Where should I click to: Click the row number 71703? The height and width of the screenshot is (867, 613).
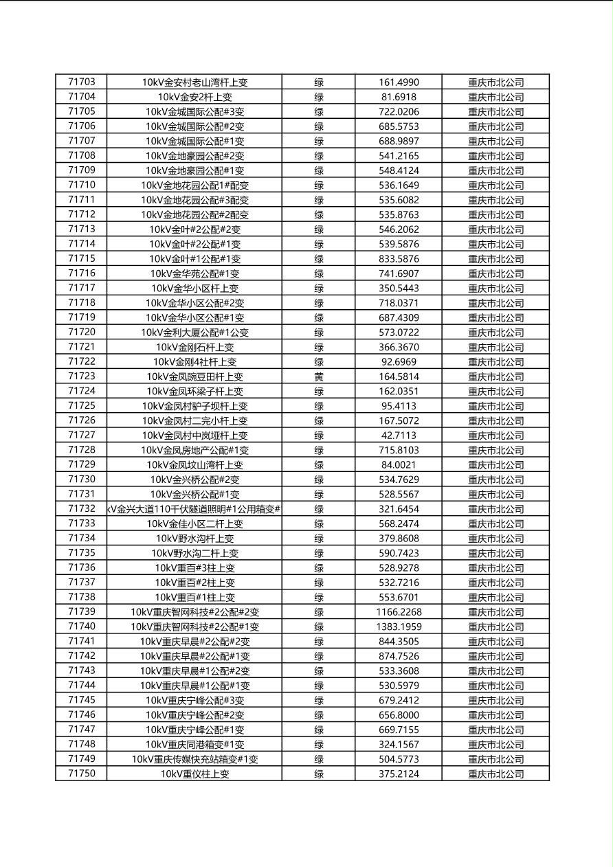(x=82, y=82)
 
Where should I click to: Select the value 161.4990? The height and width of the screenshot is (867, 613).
(x=399, y=82)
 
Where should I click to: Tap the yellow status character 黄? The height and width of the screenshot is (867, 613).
(x=319, y=376)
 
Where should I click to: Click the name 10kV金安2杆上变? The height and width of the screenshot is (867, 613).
(x=194, y=97)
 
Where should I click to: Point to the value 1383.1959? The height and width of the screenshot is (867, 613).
(x=399, y=627)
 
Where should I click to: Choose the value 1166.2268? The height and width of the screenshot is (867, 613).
(x=399, y=612)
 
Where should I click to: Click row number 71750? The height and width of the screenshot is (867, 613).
(x=82, y=774)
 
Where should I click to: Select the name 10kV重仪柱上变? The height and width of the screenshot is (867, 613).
(x=194, y=774)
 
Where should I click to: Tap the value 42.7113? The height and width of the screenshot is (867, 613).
(x=399, y=436)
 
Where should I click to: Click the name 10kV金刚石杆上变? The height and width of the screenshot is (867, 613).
(x=194, y=348)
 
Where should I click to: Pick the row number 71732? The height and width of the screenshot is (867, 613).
(x=82, y=509)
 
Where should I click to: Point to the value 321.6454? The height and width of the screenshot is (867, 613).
(x=399, y=509)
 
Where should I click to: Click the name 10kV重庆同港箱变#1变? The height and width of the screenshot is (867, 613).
(x=194, y=745)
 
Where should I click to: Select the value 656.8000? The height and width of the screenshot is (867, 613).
(x=399, y=715)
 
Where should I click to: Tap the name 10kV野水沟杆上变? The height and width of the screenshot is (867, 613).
(x=194, y=539)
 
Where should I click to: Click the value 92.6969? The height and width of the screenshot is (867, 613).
(x=399, y=362)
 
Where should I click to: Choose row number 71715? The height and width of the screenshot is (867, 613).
(x=82, y=258)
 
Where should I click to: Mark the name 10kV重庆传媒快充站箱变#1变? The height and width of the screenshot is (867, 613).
(x=194, y=759)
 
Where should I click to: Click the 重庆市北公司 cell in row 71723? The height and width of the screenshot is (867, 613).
(x=495, y=376)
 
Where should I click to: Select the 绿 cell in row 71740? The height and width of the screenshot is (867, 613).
(x=319, y=627)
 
